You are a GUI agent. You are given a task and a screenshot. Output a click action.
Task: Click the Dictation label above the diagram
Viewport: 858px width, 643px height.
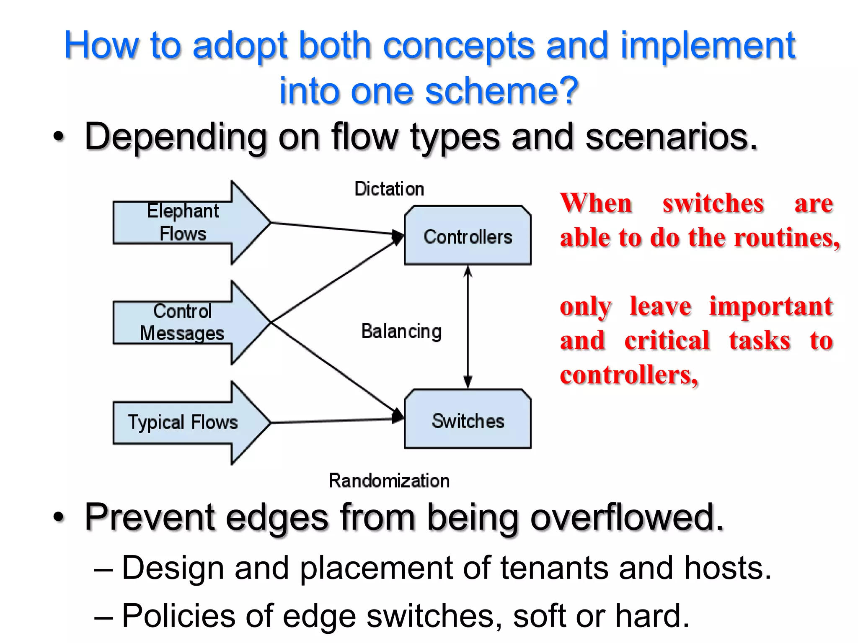(x=389, y=189)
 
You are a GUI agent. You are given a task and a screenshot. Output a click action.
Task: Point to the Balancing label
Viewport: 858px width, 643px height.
(x=401, y=332)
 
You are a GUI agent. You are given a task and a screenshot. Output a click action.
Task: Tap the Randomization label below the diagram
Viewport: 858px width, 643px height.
(x=389, y=481)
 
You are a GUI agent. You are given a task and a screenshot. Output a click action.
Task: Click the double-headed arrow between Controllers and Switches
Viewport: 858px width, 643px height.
(x=468, y=327)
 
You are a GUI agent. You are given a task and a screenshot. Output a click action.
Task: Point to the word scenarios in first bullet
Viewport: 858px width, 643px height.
(x=671, y=136)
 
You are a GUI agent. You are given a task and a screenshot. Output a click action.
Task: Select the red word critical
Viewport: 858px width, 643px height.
(x=667, y=340)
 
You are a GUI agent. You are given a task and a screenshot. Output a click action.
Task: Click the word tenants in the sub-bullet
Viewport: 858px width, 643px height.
(x=554, y=568)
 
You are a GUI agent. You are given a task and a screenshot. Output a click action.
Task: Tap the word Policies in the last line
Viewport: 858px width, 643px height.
(x=178, y=616)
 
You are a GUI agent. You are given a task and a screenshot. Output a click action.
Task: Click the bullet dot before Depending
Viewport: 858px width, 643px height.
(x=59, y=137)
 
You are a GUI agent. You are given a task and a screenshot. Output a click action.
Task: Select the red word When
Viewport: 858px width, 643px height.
(x=596, y=203)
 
